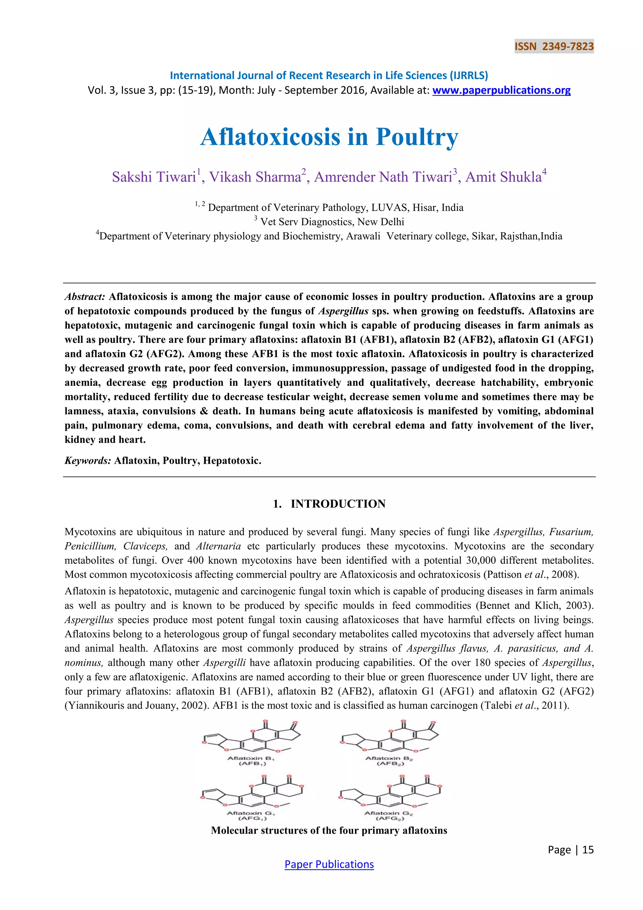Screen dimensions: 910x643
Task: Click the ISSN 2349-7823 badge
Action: (x=554, y=47)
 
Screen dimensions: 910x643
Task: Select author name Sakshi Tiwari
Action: (x=154, y=177)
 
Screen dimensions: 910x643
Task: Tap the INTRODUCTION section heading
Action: (x=338, y=504)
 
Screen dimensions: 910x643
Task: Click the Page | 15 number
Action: (x=570, y=850)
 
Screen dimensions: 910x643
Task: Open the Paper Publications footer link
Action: (x=329, y=864)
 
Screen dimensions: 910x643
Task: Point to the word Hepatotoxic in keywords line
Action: (x=231, y=461)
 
